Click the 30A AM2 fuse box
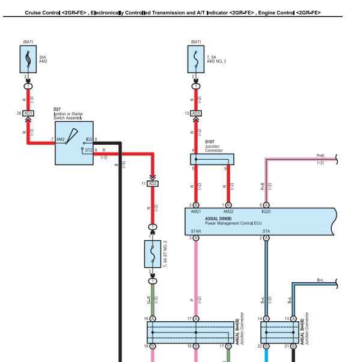pyautogui.click(x=28, y=59)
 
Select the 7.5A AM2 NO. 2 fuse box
pyautogui.click(x=196, y=59)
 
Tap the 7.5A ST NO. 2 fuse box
pyautogui.click(x=153, y=254)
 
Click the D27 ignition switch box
pyautogui.click(x=74, y=143)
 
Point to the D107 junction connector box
pyautogui.click(x=212, y=159)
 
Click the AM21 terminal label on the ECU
pyautogui.click(x=196, y=211)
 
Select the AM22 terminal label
pyautogui.click(x=228, y=211)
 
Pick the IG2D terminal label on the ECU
pyautogui.click(x=266, y=211)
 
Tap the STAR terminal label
pyautogui.click(x=196, y=231)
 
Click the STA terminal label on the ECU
pyautogui.click(x=266, y=231)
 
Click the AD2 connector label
pyautogui.click(x=153, y=184)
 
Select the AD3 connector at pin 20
pyautogui.click(x=28, y=113)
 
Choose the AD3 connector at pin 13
pyautogui.click(x=196, y=113)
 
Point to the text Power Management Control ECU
pyautogui.click(x=233, y=223)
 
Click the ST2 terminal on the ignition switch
pyautogui.click(x=89, y=150)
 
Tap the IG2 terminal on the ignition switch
pyautogui.click(x=90, y=139)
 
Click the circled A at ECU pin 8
pyautogui.click(x=266, y=205)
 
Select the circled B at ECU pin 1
pyautogui.click(x=228, y=205)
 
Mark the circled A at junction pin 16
pyautogui.click(x=153, y=319)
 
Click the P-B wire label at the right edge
pyautogui.click(x=320, y=155)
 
